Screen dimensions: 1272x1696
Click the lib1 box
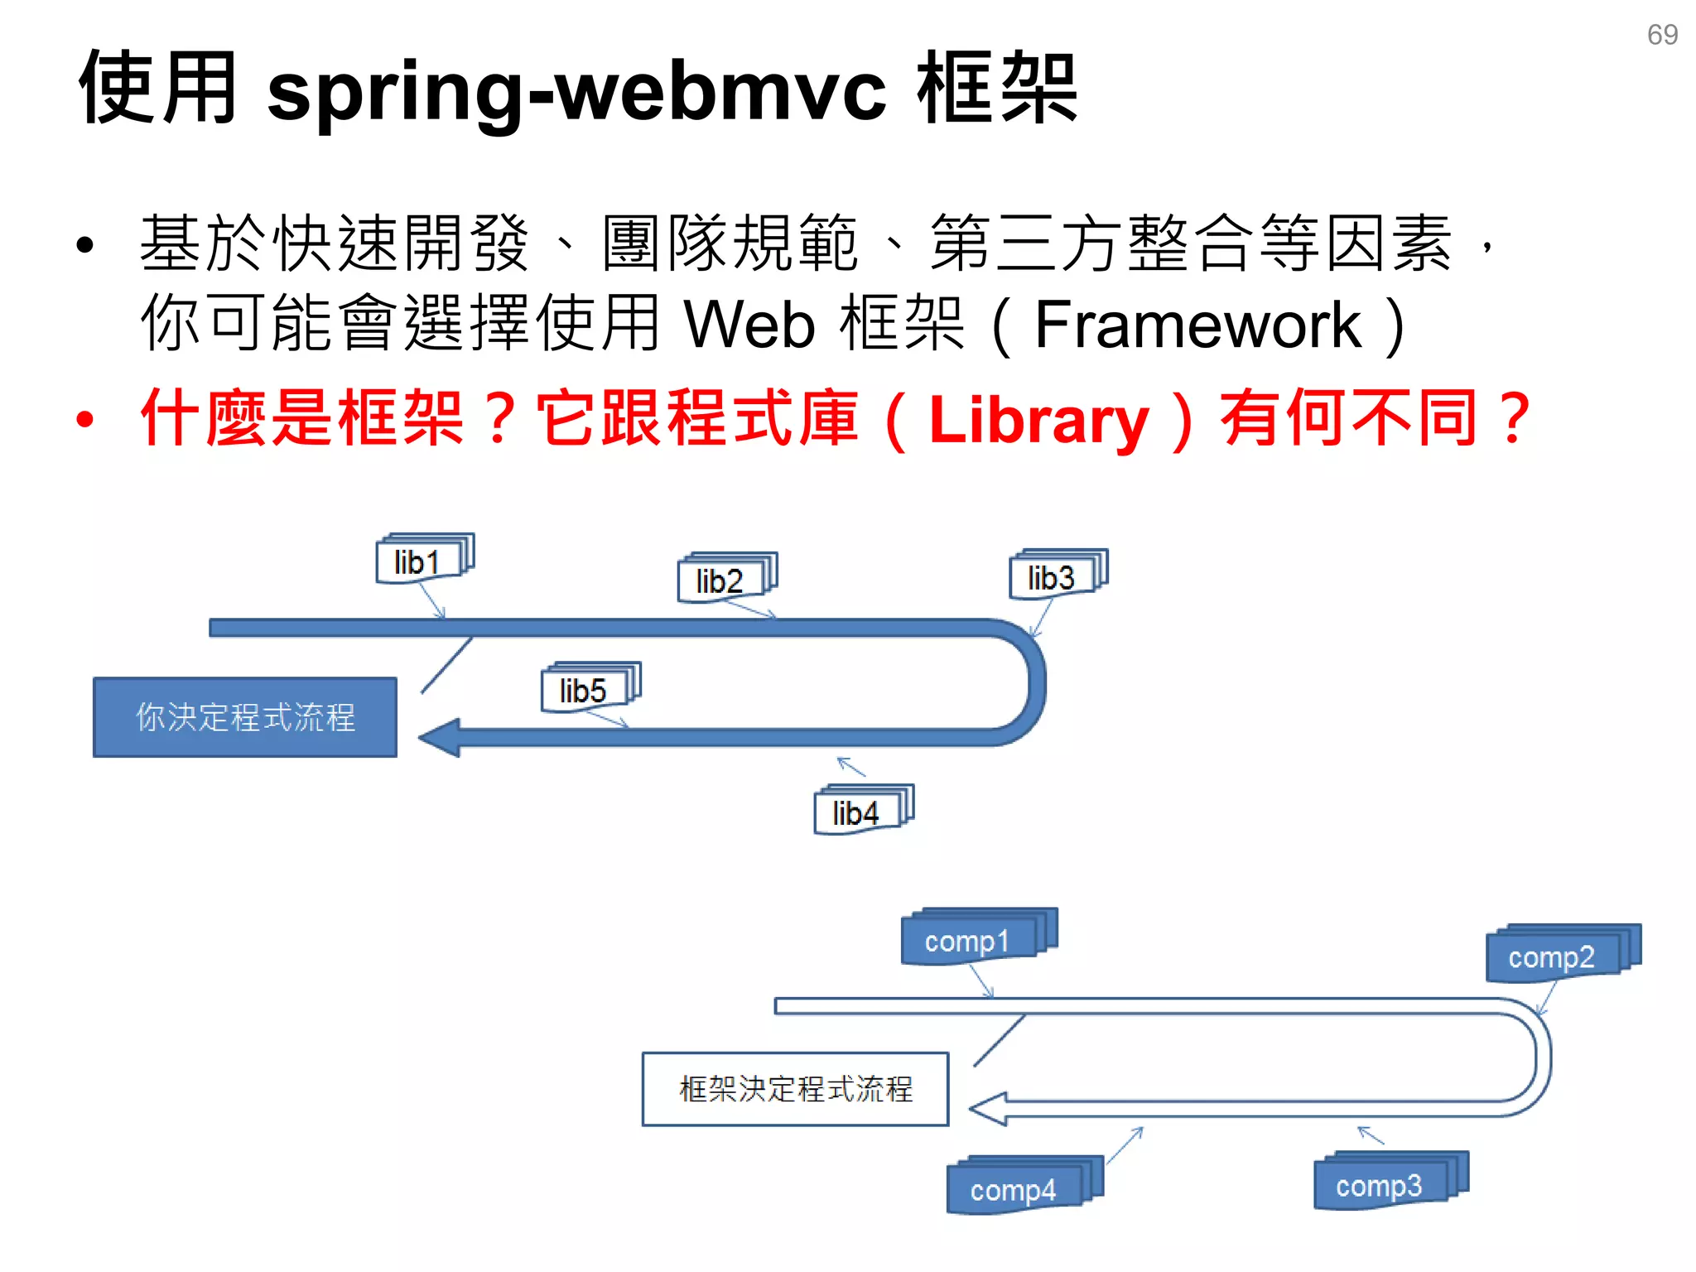click(418, 562)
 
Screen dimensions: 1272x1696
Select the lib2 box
click(720, 581)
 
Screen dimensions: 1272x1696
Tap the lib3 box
click(1052, 577)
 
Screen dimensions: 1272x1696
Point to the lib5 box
click(584, 690)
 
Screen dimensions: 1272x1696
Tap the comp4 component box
click(1014, 1189)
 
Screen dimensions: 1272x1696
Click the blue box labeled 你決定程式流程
click(245, 717)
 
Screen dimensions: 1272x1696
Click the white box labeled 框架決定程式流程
click(795, 1089)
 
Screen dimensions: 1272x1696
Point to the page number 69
click(1662, 35)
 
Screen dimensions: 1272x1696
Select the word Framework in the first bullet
click(1197, 325)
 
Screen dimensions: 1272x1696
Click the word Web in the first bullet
click(750, 325)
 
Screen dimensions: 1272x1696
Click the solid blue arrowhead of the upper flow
click(441, 737)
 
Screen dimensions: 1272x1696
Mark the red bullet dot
click(85, 420)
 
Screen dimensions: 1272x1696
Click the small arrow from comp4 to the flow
click(1125, 1146)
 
